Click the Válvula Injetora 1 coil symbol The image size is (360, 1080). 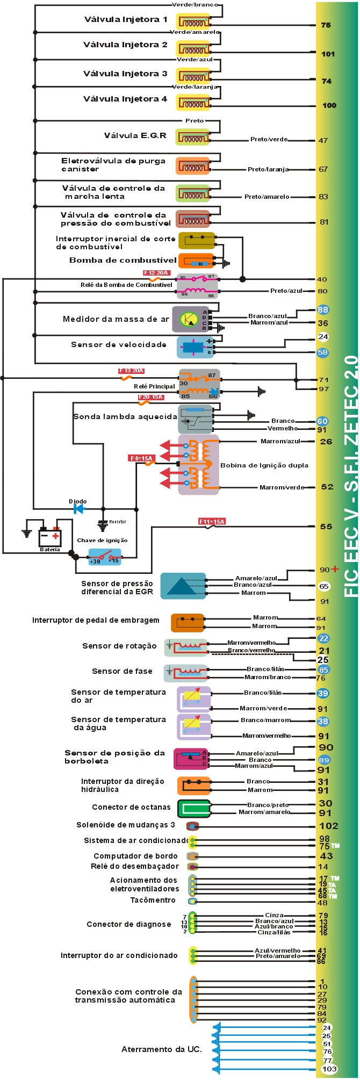[193, 23]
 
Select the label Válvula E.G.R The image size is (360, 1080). [135, 135]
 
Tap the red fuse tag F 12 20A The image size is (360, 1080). [156, 273]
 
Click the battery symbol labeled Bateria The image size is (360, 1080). [50, 536]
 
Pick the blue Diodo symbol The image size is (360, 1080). [80, 508]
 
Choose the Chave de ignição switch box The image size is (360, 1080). [105, 556]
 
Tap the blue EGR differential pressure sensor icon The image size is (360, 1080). [183, 586]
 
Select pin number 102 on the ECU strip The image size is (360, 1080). [328, 826]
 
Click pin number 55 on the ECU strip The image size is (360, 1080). [326, 527]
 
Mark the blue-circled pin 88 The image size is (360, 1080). [322, 309]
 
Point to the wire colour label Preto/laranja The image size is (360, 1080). [268, 169]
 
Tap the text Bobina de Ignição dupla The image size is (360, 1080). [264, 465]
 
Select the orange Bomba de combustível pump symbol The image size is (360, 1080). [196, 261]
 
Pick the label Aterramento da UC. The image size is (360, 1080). [162, 1049]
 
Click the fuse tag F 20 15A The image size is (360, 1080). [150, 397]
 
